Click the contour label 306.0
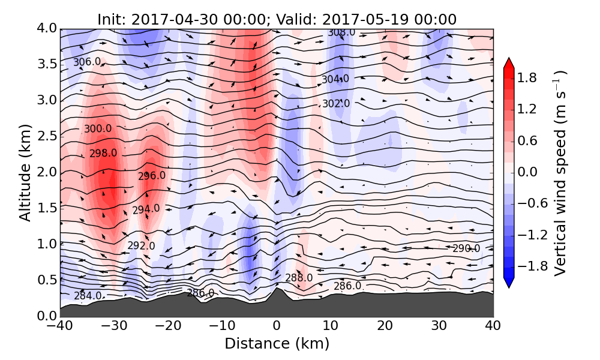[87, 62]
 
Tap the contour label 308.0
[341, 32]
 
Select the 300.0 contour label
[98, 128]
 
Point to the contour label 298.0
[103, 153]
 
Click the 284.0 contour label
[88, 295]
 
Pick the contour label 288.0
[299, 278]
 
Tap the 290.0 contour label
[466, 248]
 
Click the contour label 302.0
[336, 103]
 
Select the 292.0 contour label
[141, 245]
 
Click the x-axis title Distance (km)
[277, 344]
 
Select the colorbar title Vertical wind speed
[560, 173]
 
